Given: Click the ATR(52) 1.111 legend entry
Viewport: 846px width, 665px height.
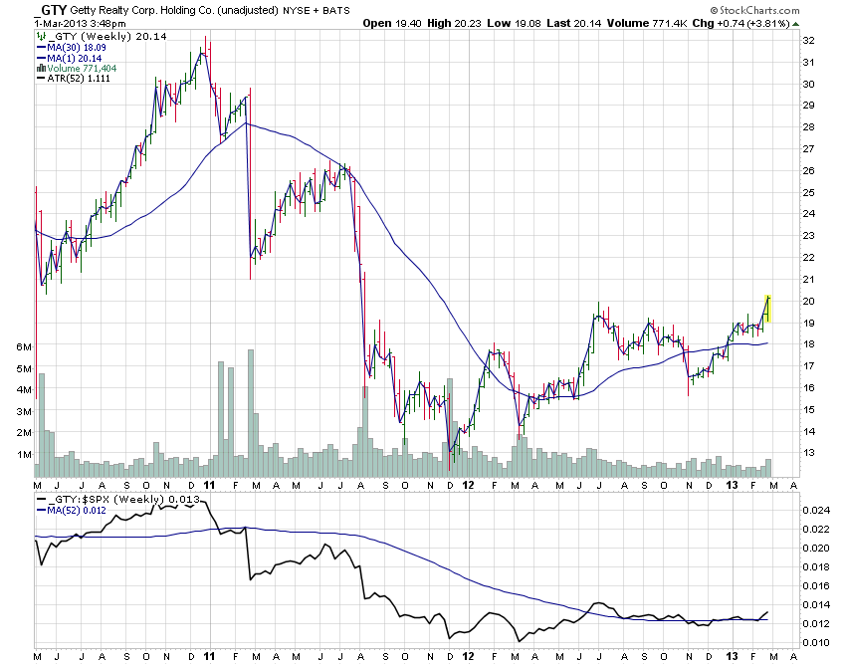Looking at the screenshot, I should (83, 79).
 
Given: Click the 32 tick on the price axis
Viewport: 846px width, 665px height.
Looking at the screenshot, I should (809, 41).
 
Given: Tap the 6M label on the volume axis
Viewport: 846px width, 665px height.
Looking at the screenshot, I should (22, 346).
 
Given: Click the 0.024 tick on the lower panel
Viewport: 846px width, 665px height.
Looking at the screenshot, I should (815, 511).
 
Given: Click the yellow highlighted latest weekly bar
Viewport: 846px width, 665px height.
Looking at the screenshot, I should (767, 308).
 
